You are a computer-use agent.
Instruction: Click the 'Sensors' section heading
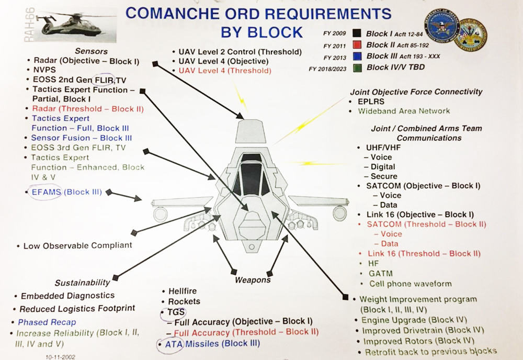pyautogui.click(x=91, y=51)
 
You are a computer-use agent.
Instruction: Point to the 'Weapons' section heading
pyautogui.click(x=253, y=280)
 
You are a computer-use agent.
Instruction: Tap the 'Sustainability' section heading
pyautogui.click(x=83, y=283)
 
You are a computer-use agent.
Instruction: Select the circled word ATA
pyautogui.click(x=172, y=344)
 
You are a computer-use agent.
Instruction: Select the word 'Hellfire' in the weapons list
pyautogui.click(x=183, y=291)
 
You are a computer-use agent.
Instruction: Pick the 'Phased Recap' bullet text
pyautogui.click(x=47, y=322)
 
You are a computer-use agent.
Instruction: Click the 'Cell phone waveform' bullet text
pyautogui.click(x=411, y=284)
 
